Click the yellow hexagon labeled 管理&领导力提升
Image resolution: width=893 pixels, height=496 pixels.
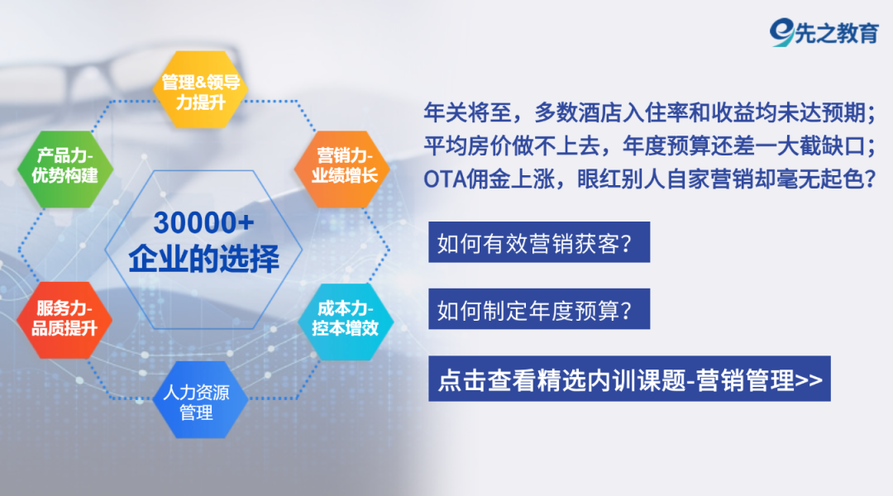tap(200, 90)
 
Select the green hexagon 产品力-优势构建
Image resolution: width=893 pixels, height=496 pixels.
tap(65, 169)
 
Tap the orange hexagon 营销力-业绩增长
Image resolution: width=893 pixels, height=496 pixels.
tap(342, 169)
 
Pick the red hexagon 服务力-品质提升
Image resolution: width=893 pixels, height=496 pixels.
tap(64, 320)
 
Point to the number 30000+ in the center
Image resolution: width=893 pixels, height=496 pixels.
tap(204, 222)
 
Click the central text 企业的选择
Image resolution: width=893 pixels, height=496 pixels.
tap(204, 259)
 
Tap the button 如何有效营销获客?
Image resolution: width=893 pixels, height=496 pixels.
tap(539, 242)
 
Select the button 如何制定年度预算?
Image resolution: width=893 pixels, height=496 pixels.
tap(539, 309)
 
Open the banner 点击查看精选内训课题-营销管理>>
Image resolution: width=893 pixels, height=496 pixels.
tap(629, 379)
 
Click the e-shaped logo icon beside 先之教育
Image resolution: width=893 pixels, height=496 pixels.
tap(782, 32)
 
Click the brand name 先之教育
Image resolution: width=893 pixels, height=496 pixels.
tap(837, 34)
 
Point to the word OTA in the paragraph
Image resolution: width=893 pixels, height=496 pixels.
tap(445, 179)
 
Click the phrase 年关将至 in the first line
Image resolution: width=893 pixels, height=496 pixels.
tap(467, 112)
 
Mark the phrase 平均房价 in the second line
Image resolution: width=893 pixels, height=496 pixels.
tap(467, 145)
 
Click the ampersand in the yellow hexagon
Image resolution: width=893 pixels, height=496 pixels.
tap(201, 82)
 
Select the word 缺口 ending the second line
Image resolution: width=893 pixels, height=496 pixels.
tap(843, 145)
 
